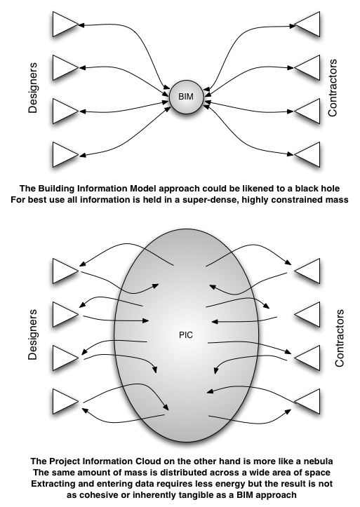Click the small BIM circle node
point(186,97)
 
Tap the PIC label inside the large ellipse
point(186,335)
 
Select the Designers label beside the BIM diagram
point(33,88)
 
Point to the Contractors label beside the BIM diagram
point(332,88)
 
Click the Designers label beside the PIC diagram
point(33,334)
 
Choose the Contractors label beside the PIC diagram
point(340,338)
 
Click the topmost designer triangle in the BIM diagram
point(65,25)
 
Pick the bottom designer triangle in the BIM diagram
point(65,155)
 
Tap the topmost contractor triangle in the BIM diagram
point(307,25)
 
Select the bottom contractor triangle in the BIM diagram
point(307,155)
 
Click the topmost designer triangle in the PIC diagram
point(65,271)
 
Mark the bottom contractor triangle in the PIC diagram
point(307,402)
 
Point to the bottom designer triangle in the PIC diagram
point(65,402)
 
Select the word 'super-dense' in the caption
point(211,200)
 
